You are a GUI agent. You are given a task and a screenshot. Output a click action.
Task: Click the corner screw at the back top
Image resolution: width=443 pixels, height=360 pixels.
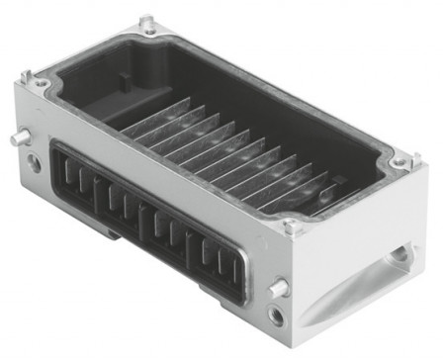coord(148,22)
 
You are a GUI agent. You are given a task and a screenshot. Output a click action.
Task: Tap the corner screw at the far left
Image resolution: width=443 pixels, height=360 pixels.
coord(39,80)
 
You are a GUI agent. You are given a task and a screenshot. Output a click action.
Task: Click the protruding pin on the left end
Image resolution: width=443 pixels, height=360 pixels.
coord(18,138)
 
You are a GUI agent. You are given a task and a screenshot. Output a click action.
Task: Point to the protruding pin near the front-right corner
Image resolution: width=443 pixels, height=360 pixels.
coord(280,288)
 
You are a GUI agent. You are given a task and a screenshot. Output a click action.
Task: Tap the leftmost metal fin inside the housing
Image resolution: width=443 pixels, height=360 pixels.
coord(148,119)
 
